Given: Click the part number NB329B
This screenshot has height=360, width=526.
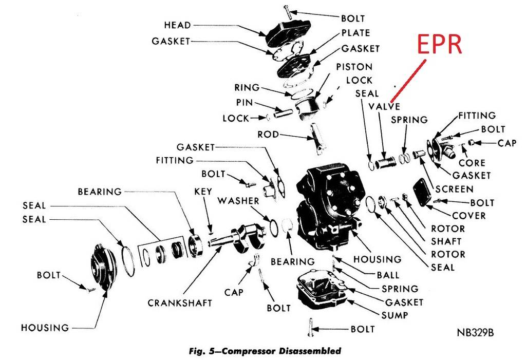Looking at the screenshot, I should coord(475,332).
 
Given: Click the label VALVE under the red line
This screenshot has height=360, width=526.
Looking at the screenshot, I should coord(384,106).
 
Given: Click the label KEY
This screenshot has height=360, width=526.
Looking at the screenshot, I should coord(203,191).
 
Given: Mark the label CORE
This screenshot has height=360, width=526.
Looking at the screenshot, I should coord(472,163).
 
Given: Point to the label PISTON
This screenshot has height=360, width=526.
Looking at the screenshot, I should coord(354,67).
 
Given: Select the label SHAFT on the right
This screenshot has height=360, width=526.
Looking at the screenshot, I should coord(445,241).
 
